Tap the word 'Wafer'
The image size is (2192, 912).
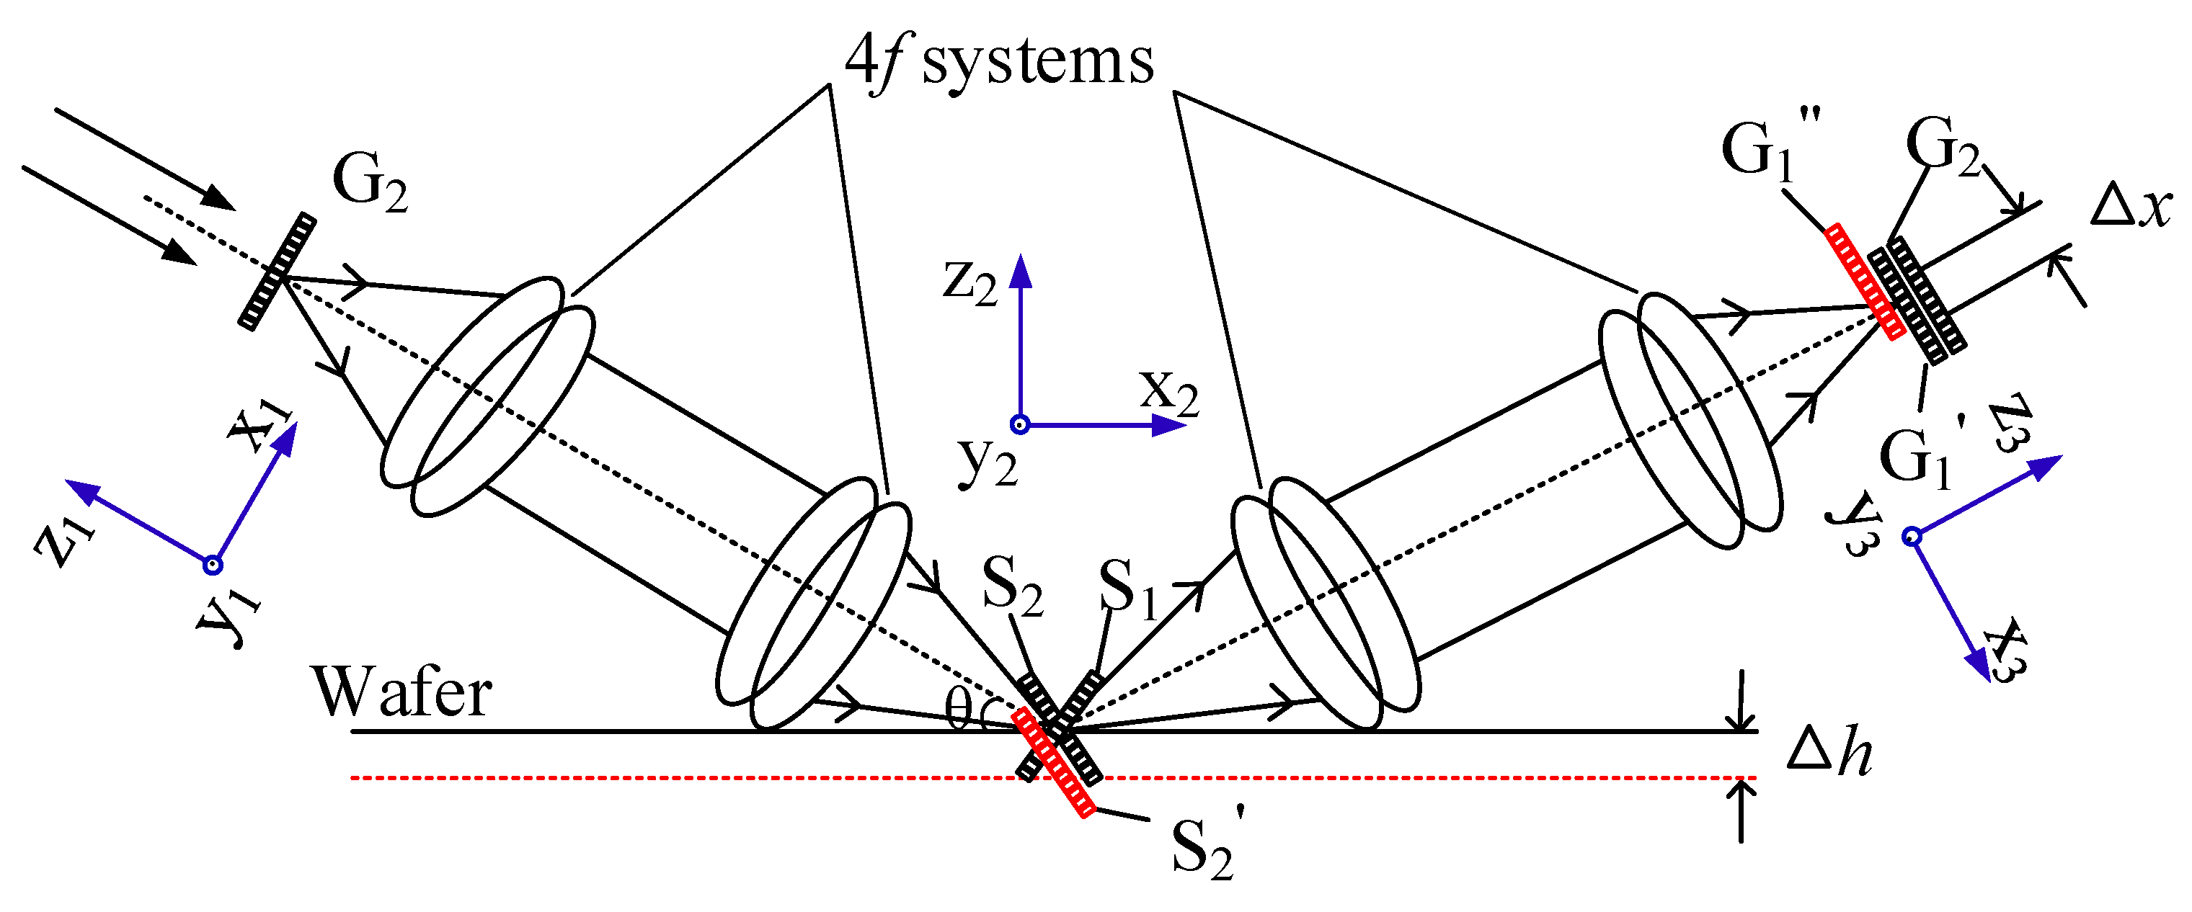[x=401, y=692]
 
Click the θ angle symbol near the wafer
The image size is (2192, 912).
[x=958, y=709]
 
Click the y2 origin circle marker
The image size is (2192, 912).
[x=1019, y=424]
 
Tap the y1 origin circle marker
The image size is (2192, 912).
[x=213, y=565]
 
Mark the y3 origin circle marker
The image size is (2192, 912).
[x=1912, y=536]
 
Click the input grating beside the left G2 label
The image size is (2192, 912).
[x=277, y=272]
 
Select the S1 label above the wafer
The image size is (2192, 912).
[x=1128, y=589]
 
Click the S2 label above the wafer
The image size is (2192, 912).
[x=1013, y=588]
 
